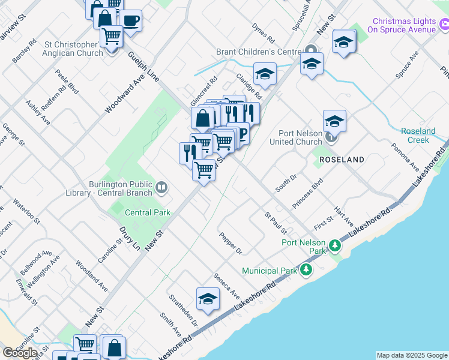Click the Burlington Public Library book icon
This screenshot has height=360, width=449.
click(x=161, y=188)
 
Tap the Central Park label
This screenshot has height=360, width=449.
click(x=148, y=212)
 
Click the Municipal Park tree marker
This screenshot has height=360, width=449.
click(x=306, y=271)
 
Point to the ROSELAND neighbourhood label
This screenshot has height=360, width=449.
click(x=342, y=160)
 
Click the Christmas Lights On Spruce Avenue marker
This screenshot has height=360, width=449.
click(x=444, y=25)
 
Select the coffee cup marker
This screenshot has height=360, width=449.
click(x=130, y=20)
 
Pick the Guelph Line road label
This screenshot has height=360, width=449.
click(x=144, y=66)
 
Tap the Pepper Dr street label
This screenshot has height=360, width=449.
click(x=231, y=243)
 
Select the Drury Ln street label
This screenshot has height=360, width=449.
click(x=131, y=238)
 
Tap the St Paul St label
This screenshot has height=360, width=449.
click(x=276, y=223)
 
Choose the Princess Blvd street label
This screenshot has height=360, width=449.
click(x=307, y=193)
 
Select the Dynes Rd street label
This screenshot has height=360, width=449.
click(x=263, y=34)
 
